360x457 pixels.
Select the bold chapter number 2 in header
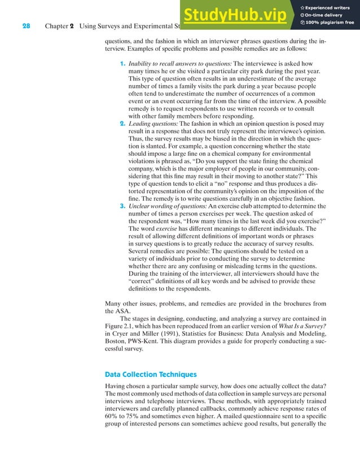(x=72, y=25)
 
